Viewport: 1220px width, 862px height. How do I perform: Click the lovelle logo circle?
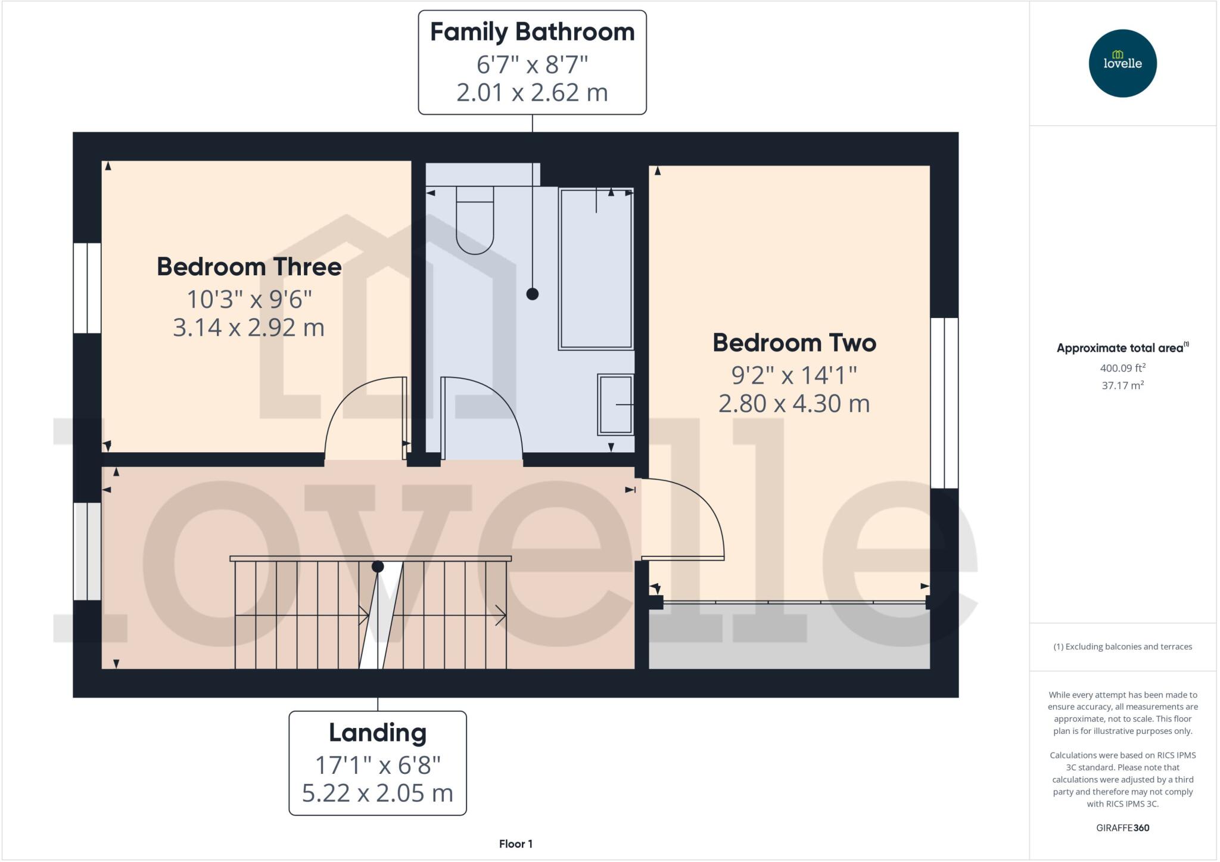coord(1122,63)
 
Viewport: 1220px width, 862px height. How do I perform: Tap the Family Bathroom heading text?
coord(532,32)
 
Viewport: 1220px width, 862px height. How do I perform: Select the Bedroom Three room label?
coord(249,267)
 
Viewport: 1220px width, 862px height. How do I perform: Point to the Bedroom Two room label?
coord(794,343)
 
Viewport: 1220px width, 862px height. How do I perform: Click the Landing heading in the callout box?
coord(378,733)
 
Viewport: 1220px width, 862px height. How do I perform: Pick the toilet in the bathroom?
coord(475,220)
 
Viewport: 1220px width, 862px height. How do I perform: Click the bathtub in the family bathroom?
coord(596,268)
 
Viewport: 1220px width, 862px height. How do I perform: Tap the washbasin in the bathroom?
coord(615,404)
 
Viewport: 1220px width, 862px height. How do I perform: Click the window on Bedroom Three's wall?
coord(87,288)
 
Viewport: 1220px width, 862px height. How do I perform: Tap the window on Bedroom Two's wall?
coord(944,403)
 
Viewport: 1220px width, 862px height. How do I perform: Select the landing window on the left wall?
coord(87,551)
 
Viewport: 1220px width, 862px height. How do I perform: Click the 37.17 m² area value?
coord(1122,385)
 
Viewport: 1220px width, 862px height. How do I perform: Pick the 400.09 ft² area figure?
coord(1122,368)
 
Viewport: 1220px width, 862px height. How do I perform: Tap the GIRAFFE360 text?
coord(1122,827)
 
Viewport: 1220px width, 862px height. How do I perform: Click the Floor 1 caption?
coord(516,844)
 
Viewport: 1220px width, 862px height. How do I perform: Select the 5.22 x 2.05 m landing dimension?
coord(378,793)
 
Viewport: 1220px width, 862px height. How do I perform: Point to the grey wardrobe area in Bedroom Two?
coord(789,636)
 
